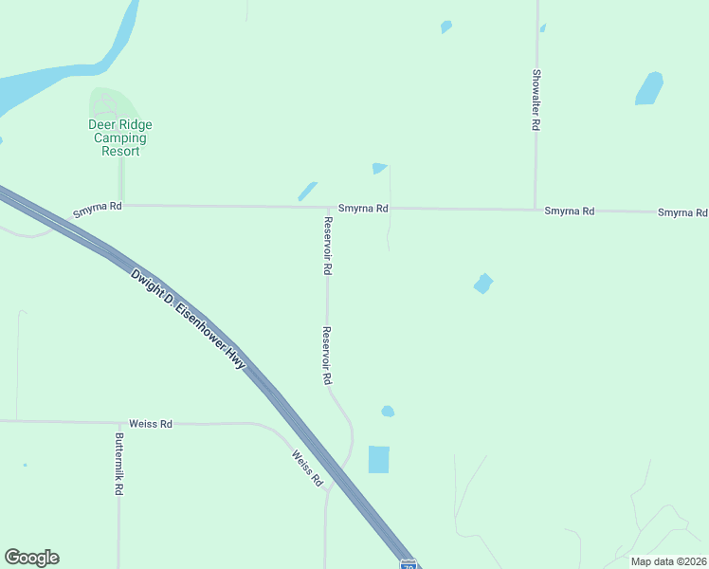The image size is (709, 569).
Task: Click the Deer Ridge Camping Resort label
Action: point(120,138)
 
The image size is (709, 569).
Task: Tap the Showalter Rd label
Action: point(536,100)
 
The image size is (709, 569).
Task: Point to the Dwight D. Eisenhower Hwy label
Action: point(188,318)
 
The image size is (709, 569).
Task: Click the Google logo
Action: point(31,558)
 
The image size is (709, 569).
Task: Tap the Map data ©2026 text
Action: point(669,561)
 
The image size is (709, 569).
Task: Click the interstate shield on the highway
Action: point(409,563)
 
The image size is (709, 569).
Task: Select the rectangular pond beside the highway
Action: point(378,459)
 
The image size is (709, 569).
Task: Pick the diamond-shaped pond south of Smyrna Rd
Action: point(483,284)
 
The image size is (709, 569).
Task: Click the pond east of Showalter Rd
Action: point(649,88)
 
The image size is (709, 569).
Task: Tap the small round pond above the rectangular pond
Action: point(387,412)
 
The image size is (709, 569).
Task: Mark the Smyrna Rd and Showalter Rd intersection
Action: point(536,210)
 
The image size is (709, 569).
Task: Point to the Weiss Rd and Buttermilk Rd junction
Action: point(118,423)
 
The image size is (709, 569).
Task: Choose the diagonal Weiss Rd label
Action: point(308,468)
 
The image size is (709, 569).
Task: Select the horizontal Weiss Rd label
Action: point(152,424)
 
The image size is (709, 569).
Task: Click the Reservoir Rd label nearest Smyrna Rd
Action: point(327,247)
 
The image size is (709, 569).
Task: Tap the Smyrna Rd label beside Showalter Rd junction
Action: point(569,211)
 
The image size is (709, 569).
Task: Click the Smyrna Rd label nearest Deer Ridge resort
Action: point(98,206)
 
